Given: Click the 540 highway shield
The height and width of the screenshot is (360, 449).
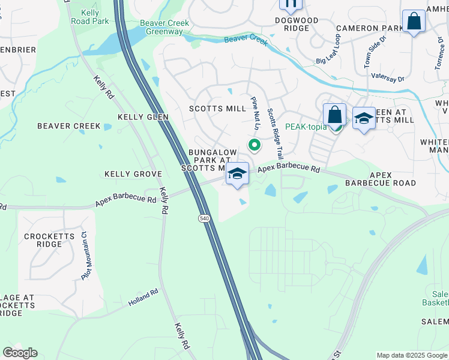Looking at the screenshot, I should (205, 219).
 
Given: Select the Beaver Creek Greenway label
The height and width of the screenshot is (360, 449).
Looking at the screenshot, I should (164, 28).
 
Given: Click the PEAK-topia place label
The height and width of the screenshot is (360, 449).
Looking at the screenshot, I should (306, 127).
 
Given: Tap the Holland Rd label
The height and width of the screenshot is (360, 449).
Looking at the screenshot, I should (142, 298).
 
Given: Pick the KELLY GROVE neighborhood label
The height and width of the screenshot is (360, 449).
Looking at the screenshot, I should (133, 174).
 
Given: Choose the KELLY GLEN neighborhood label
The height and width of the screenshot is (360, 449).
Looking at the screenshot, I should (143, 117).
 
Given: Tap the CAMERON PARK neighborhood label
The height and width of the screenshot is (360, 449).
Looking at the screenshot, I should (370, 28).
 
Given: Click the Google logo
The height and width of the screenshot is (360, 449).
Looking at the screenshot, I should (20, 353).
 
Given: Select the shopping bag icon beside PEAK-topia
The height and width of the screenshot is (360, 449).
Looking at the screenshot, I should (334, 115).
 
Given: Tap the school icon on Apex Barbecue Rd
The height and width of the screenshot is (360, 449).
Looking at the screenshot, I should (238, 174).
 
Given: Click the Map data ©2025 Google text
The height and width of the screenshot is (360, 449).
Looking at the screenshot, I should (412, 355).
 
